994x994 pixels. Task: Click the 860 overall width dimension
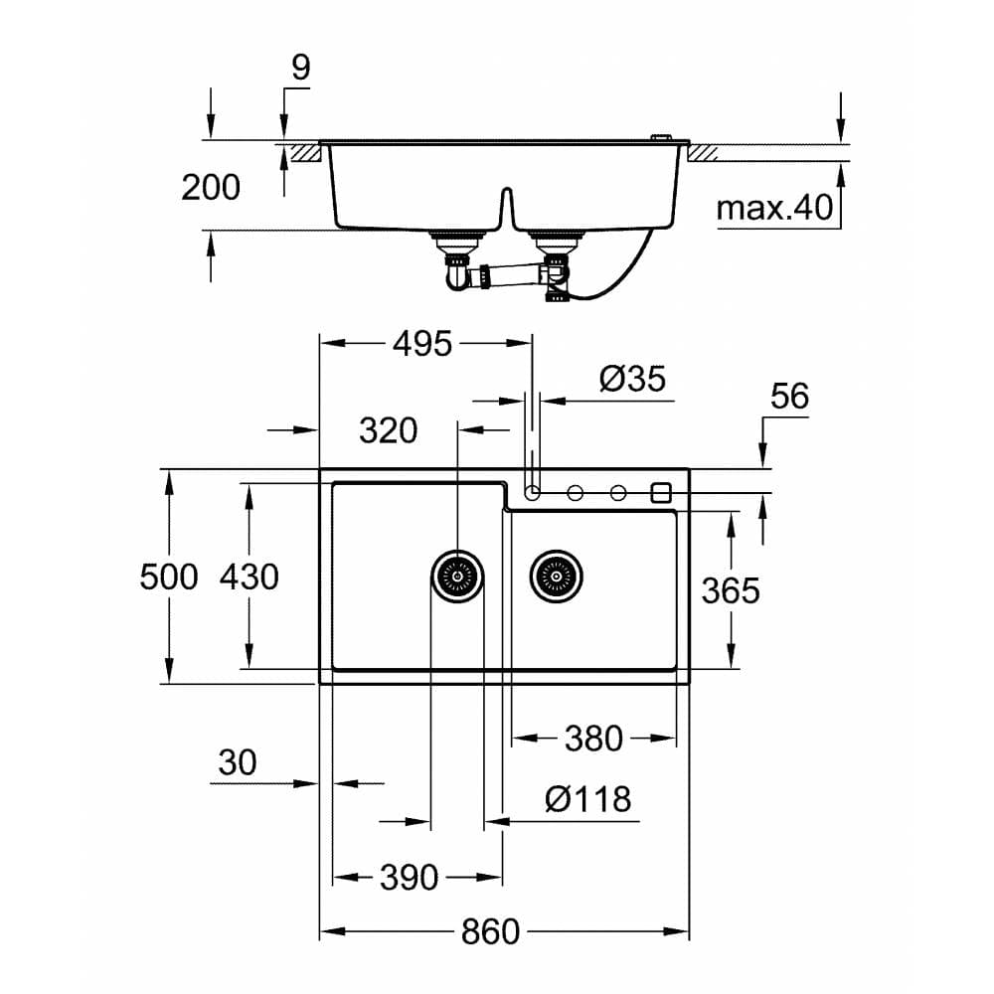coord(490,932)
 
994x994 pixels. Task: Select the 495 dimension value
coord(422,344)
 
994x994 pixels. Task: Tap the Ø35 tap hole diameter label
coord(632,379)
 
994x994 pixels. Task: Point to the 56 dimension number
coord(789,397)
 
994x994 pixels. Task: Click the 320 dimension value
coord(388,430)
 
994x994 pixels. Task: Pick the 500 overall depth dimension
coord(169,576)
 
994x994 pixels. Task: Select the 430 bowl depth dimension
coord(248,576)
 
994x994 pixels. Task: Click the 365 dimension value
coord(731,590)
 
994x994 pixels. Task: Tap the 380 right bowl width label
coord(593,739)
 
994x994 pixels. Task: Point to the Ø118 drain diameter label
coord(588,798)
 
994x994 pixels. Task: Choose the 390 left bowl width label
coord(409,878)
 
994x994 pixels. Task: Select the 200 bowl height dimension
coord(211,187)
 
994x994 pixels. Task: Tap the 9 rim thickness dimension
coord(300,68)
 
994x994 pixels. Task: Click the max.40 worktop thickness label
coord(774,209)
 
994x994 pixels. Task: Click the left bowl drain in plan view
coord(458,576)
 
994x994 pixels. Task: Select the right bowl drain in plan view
coord(556,576)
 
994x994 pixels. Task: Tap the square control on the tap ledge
coord(662,492)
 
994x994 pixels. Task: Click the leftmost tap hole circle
coord(533,492)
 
